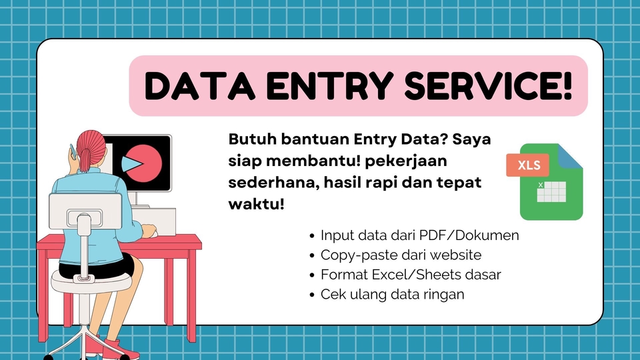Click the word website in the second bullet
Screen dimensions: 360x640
click(x=453, y=255)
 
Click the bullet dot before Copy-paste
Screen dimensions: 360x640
click(x=313, y=255)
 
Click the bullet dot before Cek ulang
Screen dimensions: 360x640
click(x=313, y=294)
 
